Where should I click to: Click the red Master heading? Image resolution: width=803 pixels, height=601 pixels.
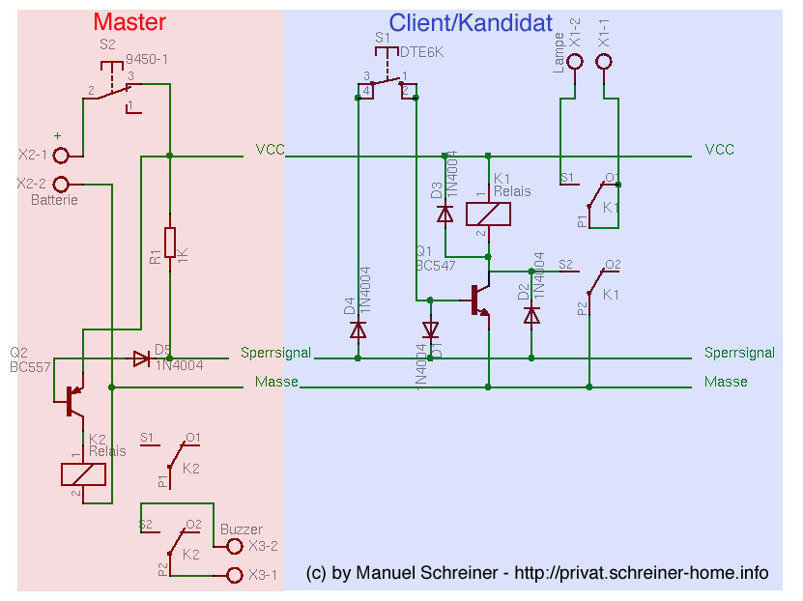pyautogui.click(x=129, y=22)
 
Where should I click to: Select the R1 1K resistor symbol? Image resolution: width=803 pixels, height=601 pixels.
pyautogui.click(x=170, y=242)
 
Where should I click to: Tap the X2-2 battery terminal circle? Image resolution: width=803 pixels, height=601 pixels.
pyautogui.click(x=62, y=184)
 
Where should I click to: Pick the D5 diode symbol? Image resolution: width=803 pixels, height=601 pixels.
pyautogui.click(x=141, y=358)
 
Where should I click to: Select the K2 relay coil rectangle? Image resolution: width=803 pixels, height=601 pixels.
pyautogui.click(x=84, y=474)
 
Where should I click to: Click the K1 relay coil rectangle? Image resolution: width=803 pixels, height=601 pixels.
pyautogui.click(x=488, y=214)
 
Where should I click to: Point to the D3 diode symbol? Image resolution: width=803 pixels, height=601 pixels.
pyautogui.click(x=445, y=214)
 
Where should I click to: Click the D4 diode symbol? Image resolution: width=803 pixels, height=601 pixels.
pyautogui.click(x=358, y=329)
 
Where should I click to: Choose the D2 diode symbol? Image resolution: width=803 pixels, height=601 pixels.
pyautogui.click(x=531, y=315)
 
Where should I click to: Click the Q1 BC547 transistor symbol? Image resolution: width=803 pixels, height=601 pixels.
pyautogui.click(x=480, y=300)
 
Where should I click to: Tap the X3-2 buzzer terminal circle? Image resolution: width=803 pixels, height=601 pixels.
pyautogui.click(x=233, y=546)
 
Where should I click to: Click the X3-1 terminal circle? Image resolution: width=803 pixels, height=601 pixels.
pyautogui.click(x=233, y=575)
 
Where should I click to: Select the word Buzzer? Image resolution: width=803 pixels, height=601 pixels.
pyautogui.click(x=241, y=529)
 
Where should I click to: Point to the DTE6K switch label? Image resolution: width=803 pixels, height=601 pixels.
pyautogui.click(x=421, y=53)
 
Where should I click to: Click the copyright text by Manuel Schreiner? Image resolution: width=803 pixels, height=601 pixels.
pyautogui.click(x=537, y=574)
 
